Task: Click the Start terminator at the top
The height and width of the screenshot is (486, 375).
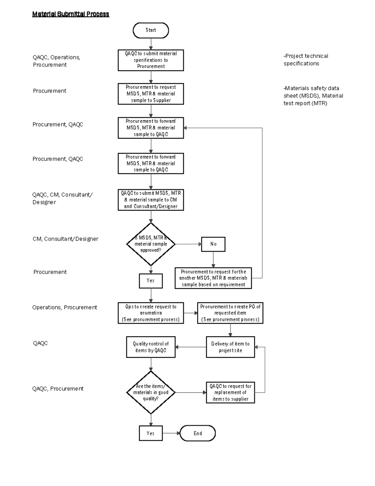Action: click(151, 30)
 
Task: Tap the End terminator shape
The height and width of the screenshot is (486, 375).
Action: click(197, 433)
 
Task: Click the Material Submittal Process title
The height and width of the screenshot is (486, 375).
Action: click(71, 14)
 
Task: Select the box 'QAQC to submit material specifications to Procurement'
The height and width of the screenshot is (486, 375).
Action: click(151, 60)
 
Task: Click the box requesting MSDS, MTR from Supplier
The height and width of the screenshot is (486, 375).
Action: click(151, 94)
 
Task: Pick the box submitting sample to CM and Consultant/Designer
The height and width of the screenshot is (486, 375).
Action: click(151, 200)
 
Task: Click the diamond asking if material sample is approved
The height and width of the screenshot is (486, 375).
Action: click(151, 244)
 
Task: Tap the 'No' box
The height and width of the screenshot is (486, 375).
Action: click(213, 244)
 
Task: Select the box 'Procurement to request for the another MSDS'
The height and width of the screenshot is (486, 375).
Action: click(213, 278)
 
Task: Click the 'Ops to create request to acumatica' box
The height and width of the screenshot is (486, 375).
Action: click(151, 313)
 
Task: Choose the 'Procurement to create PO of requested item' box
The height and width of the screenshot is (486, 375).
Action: click(230, 313)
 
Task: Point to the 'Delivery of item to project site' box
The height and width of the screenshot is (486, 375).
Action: click(230, 347)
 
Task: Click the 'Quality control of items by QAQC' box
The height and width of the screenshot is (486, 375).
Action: click(151, 347)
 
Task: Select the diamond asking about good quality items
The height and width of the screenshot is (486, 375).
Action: click(151, 392)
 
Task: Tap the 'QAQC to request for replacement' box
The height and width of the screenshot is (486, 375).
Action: click(230, 392)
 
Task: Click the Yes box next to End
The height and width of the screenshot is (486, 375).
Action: click(151, 433)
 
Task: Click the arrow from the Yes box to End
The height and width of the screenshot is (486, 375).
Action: click(171, 433)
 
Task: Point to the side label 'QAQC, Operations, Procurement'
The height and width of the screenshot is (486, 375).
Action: click(56, 61)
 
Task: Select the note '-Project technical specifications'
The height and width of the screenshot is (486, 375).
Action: click(306, 60)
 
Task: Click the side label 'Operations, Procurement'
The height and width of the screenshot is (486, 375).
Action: click(65, 307)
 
